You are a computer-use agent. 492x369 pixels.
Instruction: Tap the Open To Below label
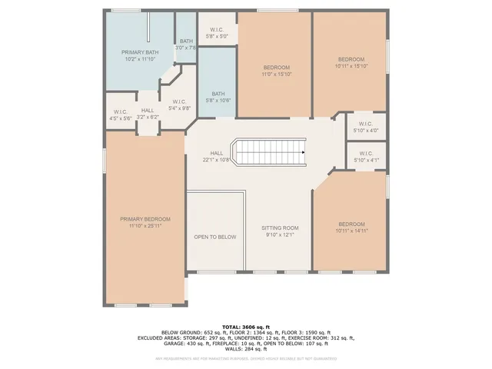214,237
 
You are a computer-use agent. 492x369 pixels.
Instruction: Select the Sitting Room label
280,228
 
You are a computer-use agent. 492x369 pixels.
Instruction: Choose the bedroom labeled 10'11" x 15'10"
350,59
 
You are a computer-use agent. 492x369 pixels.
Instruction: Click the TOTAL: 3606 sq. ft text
246,327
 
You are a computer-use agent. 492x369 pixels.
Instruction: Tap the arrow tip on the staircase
304,151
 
